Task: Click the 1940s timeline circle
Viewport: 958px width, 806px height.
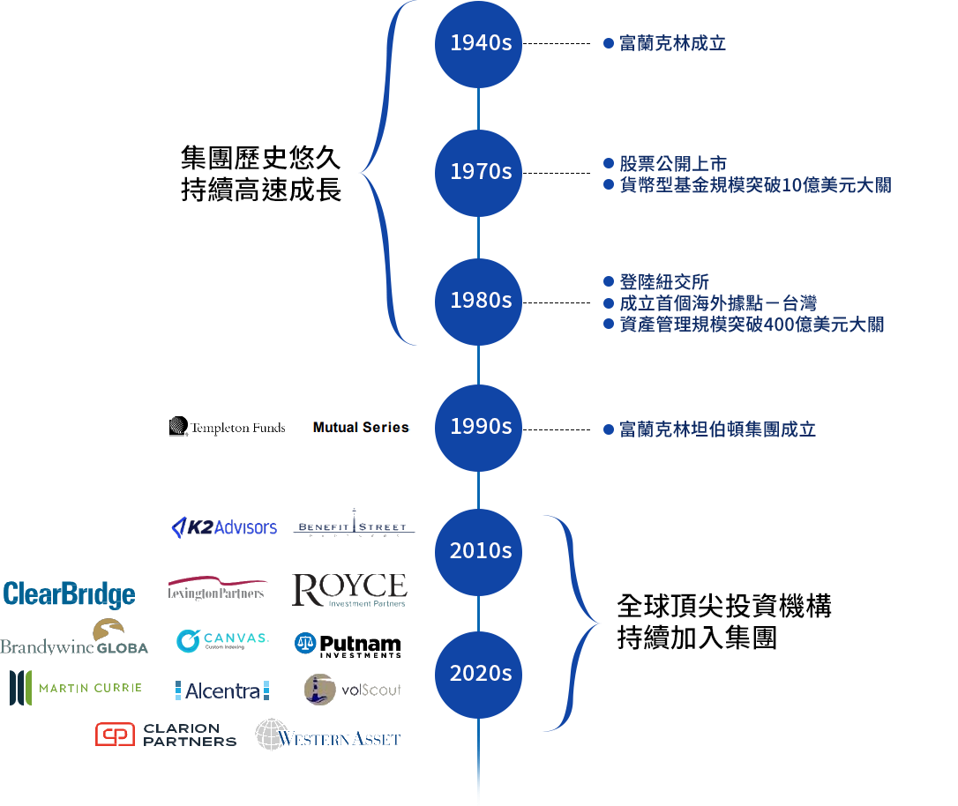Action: point(479,44)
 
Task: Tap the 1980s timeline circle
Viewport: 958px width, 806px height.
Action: point(479,301)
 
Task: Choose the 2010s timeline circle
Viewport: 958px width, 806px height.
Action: point(479,551)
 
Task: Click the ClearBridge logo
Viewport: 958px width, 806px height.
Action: point(69,594)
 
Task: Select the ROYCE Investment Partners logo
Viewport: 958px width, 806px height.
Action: point(349,590)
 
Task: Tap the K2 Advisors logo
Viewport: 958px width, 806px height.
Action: point(224,527)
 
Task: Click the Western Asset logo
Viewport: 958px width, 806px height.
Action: point(328,735)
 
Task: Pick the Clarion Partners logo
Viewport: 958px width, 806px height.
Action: point(166,735)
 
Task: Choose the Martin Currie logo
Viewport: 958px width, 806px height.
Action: point(76,688)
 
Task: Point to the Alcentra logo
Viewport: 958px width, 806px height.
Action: point(222,690)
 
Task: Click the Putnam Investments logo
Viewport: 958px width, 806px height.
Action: point(348,645)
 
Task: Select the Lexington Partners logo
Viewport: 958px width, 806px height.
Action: point(217,588)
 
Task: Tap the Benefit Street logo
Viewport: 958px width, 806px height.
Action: point(353,526)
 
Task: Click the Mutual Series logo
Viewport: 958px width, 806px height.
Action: point(361,428)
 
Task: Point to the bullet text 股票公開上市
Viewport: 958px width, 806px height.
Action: point(672,164)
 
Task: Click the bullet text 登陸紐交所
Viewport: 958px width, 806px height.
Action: point(664,283)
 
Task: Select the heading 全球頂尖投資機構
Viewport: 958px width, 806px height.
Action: point(723,608)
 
